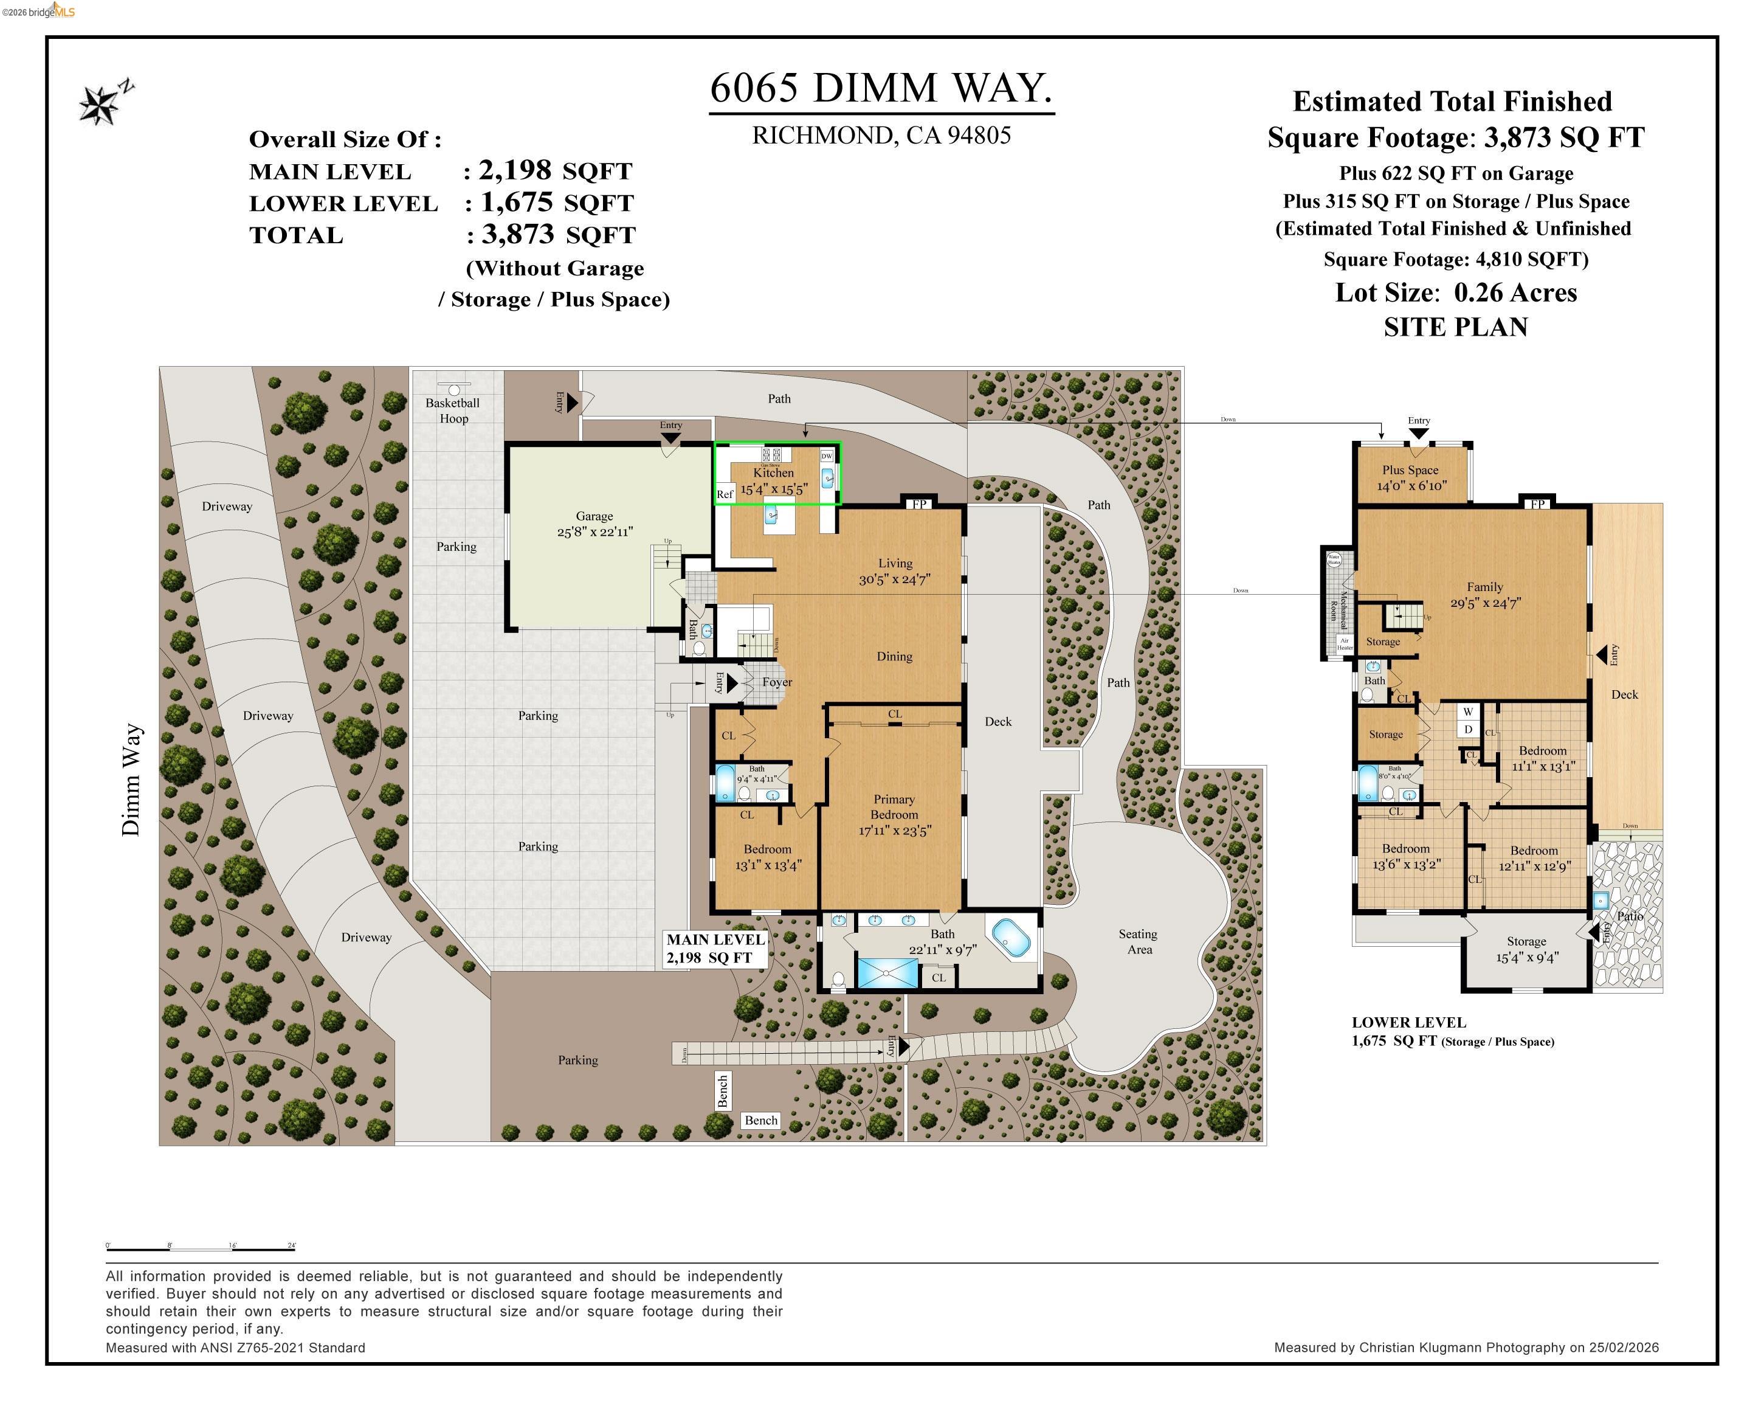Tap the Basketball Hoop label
point(452,410)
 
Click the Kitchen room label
point(773,473)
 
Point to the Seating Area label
point(1138,941)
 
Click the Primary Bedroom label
point(894,807)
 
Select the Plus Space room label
point(1410,469)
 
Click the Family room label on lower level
point(1484,587)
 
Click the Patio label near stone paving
point(1629,916)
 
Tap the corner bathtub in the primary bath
point(1011,937)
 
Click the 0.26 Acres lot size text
point(1515,292)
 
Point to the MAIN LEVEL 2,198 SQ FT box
point(715,949)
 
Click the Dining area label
point(894,656)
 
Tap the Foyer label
point(776,682)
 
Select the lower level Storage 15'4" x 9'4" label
point(1527,949)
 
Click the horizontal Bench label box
point(761,1120)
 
